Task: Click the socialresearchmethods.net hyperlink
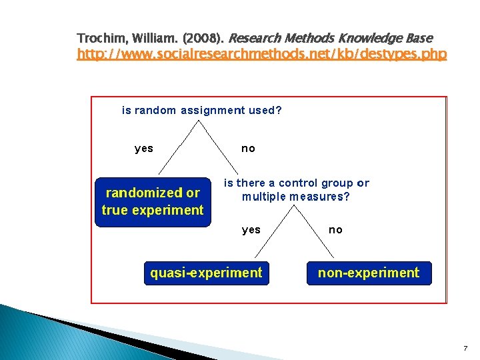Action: coord(262,54)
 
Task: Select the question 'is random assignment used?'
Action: coord(201,111)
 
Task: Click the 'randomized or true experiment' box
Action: coord(153,201)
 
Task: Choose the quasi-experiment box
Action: coord(207,273)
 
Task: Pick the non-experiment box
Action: coord(369,273)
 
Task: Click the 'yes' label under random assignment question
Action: coord(144,149)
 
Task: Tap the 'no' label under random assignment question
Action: coord(248,149)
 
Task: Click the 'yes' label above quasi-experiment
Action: coord(251,230)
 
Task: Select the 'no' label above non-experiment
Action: coord(335,230)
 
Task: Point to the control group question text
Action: coord(296,189)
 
